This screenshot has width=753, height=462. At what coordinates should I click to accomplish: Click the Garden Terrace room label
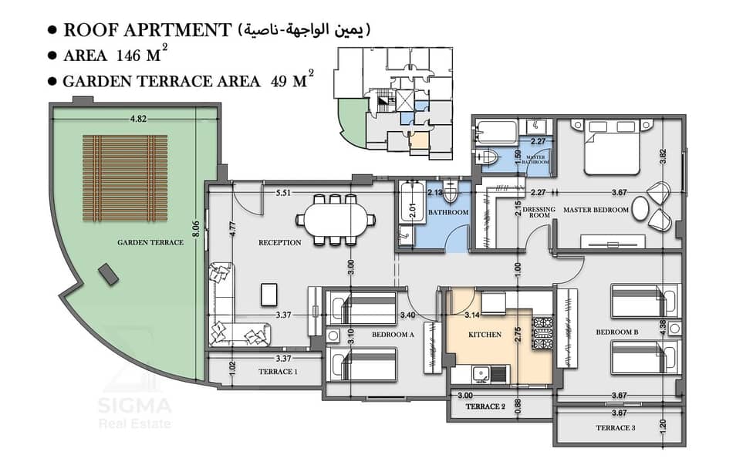point(150,242)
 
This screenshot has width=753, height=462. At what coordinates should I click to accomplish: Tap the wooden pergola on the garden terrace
point(125,178)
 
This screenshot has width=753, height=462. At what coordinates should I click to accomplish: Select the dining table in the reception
point(335,220)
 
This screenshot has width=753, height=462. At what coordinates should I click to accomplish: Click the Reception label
point(280,242)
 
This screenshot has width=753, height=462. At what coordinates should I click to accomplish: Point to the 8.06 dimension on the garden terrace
point(195,228)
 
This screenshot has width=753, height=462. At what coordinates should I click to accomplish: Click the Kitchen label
point(485,334)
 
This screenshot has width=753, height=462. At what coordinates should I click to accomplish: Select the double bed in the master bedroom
point(612,147)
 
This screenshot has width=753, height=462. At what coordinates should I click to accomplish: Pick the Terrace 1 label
point(278,371)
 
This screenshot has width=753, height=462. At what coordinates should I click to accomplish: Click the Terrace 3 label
point(616,427)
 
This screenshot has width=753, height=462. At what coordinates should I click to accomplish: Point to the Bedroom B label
point(617,332)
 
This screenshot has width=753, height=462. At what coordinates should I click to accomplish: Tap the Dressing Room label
point(539,212)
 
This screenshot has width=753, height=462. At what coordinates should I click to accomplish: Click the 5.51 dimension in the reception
point(283,193)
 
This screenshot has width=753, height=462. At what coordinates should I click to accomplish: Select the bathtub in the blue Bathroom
point(412,202)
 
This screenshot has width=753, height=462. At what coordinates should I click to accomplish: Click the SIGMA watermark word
point(134,406)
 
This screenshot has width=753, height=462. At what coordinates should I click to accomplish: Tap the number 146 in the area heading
point(128,56)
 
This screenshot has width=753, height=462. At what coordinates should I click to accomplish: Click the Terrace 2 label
point(485,406)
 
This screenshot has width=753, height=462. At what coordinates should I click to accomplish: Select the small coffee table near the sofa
point(269,295)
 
